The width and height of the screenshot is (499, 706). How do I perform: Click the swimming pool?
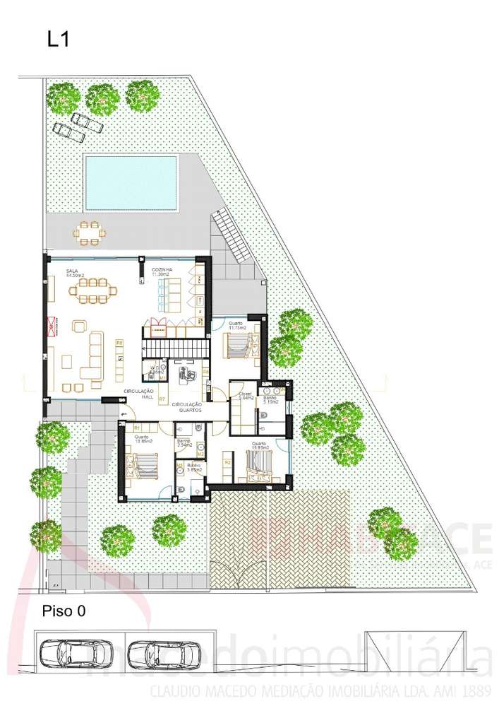click(131, 182)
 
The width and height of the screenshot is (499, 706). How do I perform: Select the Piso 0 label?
click(64, 611)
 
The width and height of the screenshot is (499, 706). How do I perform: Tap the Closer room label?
click(245, 396)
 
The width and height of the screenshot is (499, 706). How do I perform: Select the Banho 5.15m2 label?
click(270, 400)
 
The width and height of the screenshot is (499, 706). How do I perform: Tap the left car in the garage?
click(76, 654)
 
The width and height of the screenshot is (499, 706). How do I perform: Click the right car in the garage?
click(166, 654)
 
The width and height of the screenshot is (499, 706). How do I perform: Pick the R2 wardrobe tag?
click(227, 462)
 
